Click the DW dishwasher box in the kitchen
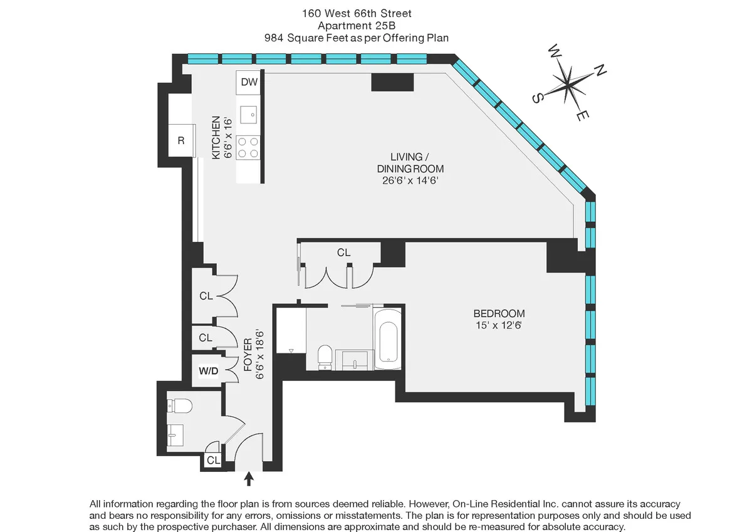point(249,81)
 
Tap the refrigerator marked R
point(181,140)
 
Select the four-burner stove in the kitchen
point(249,147)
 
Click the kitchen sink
point(249,114)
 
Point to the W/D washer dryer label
point(209,372)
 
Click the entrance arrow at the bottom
point(249,479)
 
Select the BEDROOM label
point(499,313)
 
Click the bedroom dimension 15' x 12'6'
point(499,325)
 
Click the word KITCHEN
point(216,137)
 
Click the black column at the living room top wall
point(392,82)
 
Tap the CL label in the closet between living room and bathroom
point(343,253)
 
